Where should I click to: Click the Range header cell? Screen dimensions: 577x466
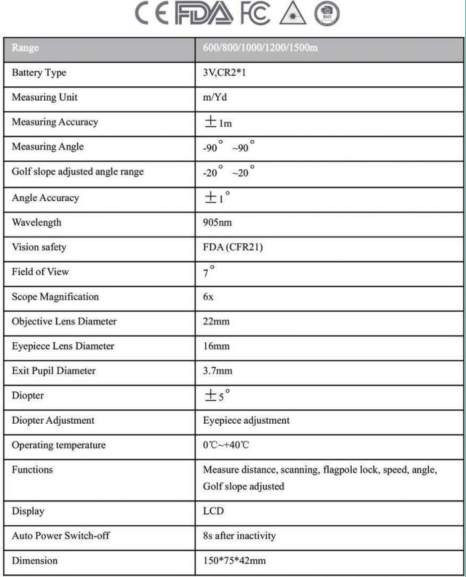click(26, 48)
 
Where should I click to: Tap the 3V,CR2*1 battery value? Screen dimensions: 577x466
click(226, 73)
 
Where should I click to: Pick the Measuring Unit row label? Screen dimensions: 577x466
click(44, 97)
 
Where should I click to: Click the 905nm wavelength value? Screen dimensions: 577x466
click(218, 222)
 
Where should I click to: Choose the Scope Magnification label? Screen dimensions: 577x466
click(55, 296)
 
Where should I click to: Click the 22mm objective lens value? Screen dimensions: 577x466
click(216, 321)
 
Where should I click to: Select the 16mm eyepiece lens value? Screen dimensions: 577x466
click(216, 346)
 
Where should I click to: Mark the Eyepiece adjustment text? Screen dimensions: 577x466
click(246, 420)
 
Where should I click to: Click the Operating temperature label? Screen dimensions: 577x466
click(58, 445)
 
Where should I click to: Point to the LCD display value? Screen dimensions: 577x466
click(213, 511)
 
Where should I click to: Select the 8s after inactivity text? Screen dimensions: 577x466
click(239, 536)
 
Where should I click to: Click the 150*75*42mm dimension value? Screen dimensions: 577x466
click(234, 560)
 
